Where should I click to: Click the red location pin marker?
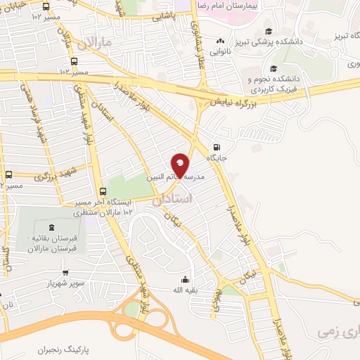tap(181, 165)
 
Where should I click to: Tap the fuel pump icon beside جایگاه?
tap(216, 147)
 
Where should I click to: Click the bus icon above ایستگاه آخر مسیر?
tap(103, 191)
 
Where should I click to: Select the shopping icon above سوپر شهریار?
tap(65, 273)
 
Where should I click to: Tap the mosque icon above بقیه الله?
tap(185, 279)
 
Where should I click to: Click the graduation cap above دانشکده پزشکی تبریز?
tap(269, 31)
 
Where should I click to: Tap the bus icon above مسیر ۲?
tap(8, 175)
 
